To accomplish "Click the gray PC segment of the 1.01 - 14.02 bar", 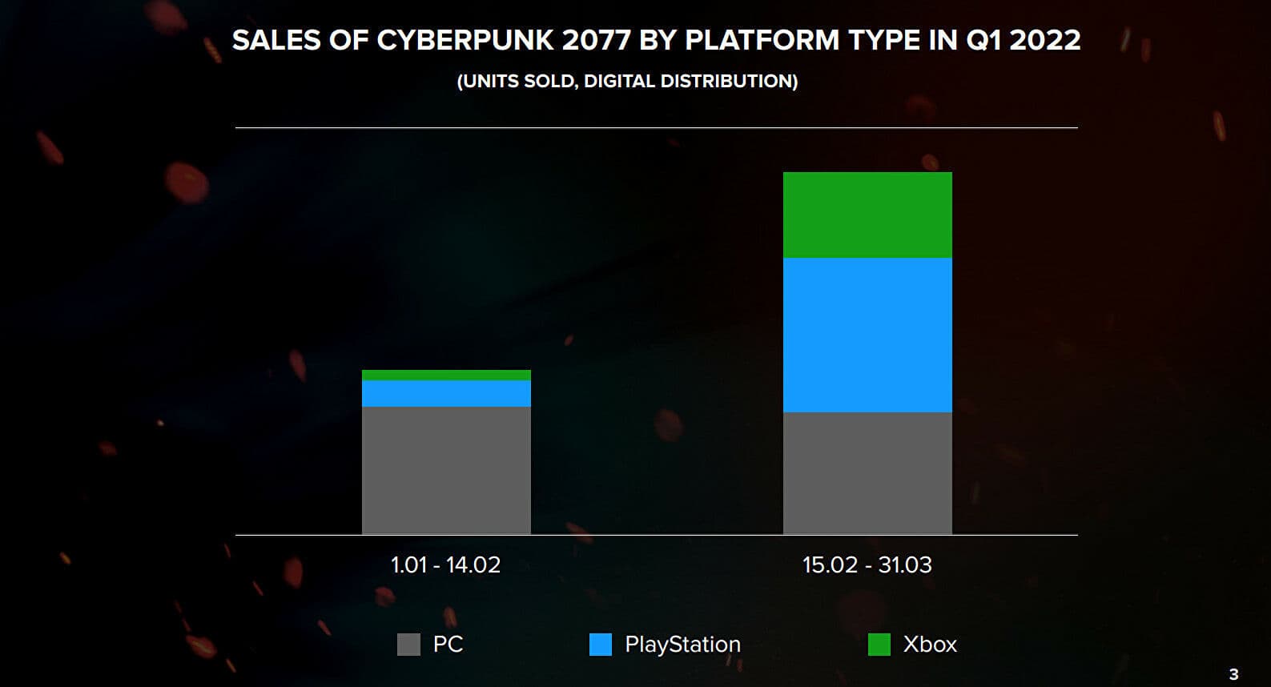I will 446,470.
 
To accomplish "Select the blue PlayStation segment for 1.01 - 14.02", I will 446,393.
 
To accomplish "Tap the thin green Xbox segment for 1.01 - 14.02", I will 446,375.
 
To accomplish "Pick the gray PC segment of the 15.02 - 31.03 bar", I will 867,472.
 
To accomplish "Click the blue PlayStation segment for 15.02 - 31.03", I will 867,335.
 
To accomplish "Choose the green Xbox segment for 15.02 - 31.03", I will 867,215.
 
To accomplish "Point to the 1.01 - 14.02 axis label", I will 445,565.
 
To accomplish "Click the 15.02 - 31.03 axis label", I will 867,565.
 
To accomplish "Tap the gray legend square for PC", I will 408,645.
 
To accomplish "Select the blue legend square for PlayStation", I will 600,645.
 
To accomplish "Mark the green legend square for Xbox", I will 879,645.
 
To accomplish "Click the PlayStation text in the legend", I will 682,645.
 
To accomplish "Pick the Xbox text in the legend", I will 930,645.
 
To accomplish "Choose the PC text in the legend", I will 448,645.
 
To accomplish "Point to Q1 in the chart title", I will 984,40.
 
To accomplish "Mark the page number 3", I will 1233,674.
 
